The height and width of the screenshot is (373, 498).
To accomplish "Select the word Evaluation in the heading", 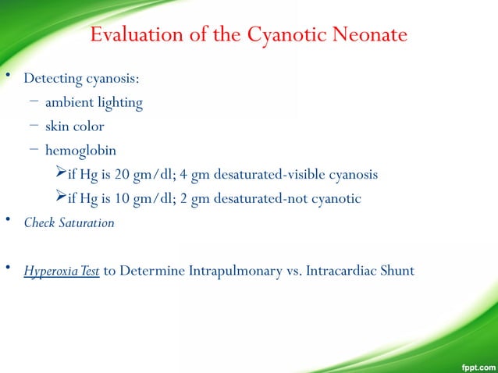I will click(137, 35).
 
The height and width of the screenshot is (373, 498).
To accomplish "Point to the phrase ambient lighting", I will click(94, 102).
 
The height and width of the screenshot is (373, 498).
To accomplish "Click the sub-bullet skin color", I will click(74, 126).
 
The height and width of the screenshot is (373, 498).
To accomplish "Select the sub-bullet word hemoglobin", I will click(81, 150).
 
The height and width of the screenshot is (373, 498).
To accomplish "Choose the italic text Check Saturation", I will click(69, 222).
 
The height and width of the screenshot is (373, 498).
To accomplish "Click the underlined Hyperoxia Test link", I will click(61, 272).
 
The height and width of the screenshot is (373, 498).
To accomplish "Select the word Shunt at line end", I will click(397, 272).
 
